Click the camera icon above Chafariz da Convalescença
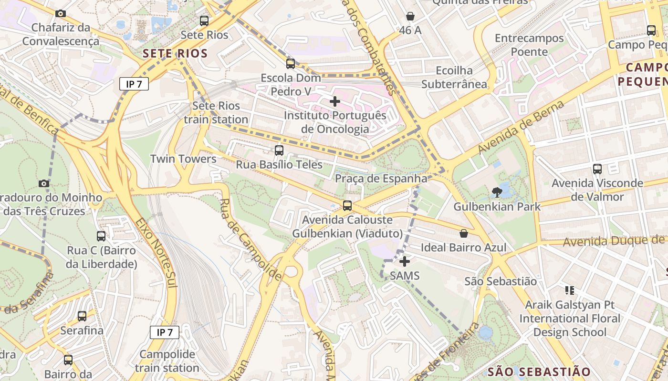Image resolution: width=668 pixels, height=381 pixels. [61, 13]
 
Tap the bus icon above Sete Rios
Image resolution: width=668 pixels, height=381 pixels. [204, 20]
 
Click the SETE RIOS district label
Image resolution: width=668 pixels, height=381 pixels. [175, 53]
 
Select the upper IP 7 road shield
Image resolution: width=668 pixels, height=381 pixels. [134, 84]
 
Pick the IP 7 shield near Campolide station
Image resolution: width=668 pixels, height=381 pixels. [165, 332]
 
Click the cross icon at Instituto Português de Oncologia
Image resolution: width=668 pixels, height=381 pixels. [335, 101]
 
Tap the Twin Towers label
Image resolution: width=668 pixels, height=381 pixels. [183, 159]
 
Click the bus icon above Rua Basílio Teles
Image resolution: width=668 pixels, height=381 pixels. [279, 150]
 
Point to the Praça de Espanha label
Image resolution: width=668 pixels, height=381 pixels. [381, 179]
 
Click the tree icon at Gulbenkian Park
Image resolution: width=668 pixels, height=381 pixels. [497, 192]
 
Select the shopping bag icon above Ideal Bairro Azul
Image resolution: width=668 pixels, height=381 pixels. [463, 233]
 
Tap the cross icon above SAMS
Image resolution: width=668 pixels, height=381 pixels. [405, 261]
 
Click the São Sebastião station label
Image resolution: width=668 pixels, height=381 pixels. [501, 281]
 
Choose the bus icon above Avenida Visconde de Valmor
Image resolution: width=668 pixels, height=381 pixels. [597, 169]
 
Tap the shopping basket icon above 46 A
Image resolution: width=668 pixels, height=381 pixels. [410, 16]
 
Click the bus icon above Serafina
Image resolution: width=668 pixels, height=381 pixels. [82, 316]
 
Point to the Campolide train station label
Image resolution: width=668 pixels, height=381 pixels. [167, 361]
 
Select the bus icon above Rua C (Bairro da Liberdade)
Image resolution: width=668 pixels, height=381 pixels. [101, 236]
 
